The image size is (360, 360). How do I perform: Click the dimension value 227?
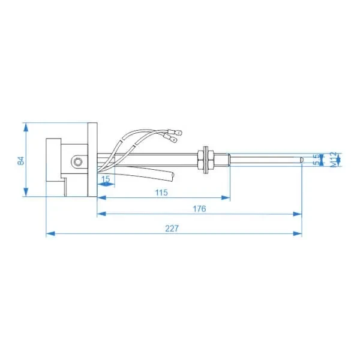coord(172,229)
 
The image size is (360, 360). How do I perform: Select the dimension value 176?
coord(199,209)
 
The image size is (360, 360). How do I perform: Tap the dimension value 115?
coord(161,193)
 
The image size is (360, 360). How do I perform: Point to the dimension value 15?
coord(106,179)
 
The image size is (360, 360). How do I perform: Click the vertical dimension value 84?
coord(20,160)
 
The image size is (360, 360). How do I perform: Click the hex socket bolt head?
coord(79,162)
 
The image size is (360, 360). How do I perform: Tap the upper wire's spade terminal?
coord(175,133)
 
